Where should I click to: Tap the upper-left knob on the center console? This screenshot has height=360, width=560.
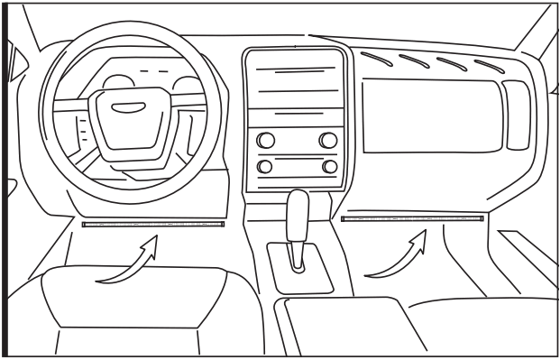tap(265, 140)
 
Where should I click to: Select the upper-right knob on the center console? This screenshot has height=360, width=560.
tap(328, 140)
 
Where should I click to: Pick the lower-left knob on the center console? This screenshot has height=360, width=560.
tap(265, 166)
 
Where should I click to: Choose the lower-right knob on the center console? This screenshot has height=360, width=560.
tap(329, 166)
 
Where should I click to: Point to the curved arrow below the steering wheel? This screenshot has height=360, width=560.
tap(126, 263)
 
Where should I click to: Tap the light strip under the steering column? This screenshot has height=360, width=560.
tap(152, 223)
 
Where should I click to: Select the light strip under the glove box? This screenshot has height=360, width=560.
tap(412, 218)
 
